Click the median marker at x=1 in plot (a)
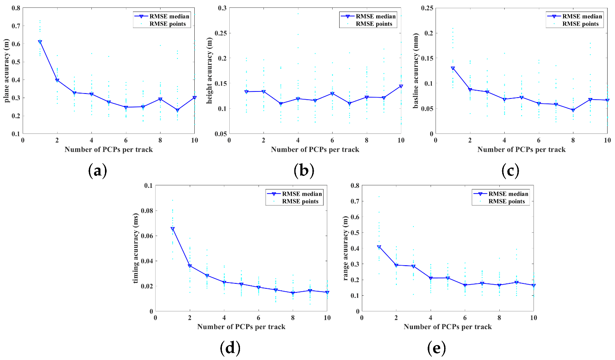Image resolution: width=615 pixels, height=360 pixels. tap(40, 42)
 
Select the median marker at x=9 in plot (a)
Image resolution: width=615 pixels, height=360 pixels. tap(177, 110)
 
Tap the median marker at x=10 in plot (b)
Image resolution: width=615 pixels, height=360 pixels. tap(401, 86)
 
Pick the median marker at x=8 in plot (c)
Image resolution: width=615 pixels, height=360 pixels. tap(573, 110)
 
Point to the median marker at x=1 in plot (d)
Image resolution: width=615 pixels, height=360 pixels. tap(172, 229)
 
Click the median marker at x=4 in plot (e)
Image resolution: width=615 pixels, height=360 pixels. tap(431, 278)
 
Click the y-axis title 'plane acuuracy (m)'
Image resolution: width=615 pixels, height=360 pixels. tap(7, 71)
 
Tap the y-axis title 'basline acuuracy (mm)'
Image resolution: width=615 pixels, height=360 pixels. tap(416, 71)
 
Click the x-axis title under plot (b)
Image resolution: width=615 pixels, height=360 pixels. tap(315, 150)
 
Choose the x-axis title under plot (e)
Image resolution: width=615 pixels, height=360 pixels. tap(447, 327)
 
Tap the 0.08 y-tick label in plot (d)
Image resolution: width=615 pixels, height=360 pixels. tap(145, 211)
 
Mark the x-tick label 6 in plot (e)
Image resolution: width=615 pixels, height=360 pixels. tap(465, 318)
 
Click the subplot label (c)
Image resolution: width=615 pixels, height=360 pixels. tap(510, 170)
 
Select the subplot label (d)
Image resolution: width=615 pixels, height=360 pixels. tap(230, 348)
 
